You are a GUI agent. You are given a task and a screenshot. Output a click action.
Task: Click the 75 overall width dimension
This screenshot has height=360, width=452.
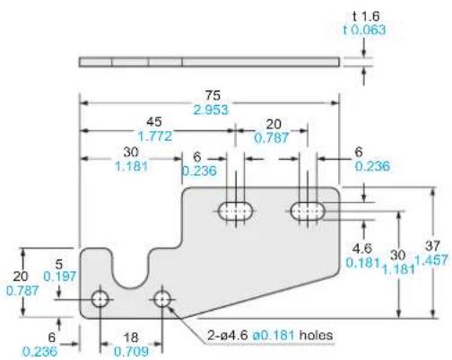[213, 96]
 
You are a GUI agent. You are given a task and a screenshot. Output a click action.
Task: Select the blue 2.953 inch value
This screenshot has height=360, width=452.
[211, 110]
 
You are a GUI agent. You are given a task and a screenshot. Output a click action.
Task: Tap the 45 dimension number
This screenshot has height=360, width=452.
[154, 122]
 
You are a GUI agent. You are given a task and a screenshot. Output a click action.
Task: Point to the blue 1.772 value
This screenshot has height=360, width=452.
[155, 136]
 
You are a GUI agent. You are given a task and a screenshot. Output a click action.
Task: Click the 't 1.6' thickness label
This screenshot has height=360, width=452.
[366, 16]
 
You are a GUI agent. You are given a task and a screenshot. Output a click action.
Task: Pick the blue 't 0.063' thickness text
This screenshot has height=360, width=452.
[364, 31]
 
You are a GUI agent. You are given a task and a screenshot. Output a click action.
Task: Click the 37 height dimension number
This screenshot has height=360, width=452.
[432, 246]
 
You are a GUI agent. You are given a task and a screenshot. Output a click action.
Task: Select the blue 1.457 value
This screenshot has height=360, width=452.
[431, 259]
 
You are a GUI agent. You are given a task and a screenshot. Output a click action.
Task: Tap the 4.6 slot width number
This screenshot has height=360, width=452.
[361, 249]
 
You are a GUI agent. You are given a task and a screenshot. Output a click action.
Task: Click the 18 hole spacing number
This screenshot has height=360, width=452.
[131, 338]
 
